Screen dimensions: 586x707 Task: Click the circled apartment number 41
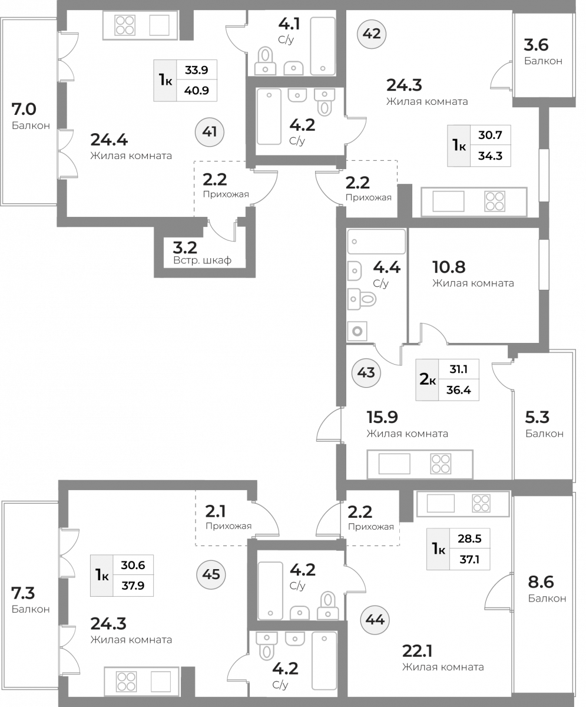pos(210,132)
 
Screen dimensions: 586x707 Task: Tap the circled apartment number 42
pos(372,34)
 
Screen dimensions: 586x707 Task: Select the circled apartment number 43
pos(366,373)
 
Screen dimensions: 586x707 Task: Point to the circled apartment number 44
pos(375,620)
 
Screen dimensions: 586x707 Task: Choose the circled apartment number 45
pos(211,574)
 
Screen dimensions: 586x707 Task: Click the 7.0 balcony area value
pos(24,110)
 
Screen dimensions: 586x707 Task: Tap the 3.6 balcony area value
pos(537,45)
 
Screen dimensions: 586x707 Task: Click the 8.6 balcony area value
pos(541,582)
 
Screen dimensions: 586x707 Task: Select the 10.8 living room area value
pos(449,267)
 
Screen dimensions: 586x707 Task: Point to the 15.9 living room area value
pos(382,417)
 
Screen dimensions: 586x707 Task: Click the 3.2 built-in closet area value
pos(185,248)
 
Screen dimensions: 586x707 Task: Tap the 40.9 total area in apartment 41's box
pos(197,90)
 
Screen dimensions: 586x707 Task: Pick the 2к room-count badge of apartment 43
pos(427,379)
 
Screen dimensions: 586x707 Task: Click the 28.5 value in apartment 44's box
pos(469,538)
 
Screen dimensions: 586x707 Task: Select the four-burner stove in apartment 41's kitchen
pos(125,25)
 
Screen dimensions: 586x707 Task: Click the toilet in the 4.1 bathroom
pos(266,61)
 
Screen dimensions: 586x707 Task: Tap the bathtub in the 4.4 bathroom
pos(376,242)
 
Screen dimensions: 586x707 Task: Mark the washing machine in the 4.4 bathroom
pos(357,331)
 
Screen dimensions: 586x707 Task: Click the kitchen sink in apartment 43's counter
pos(395,464)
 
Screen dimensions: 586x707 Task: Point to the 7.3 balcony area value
pos(23,593)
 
